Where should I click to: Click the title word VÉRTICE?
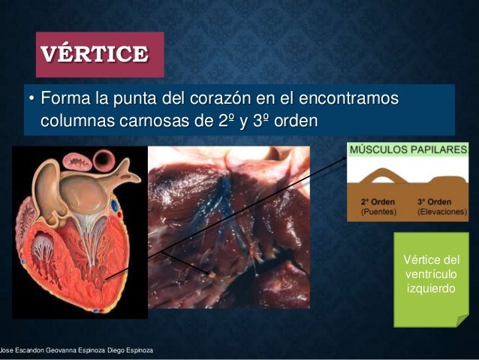pyautogui.click(x=95, y=55)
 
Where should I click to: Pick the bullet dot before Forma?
pyautogui.click(x=31, y=100)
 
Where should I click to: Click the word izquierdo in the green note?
pyautogui.click(x=431, y=289)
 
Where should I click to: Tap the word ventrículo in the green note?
pyautogui.click(x=431, y=274)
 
